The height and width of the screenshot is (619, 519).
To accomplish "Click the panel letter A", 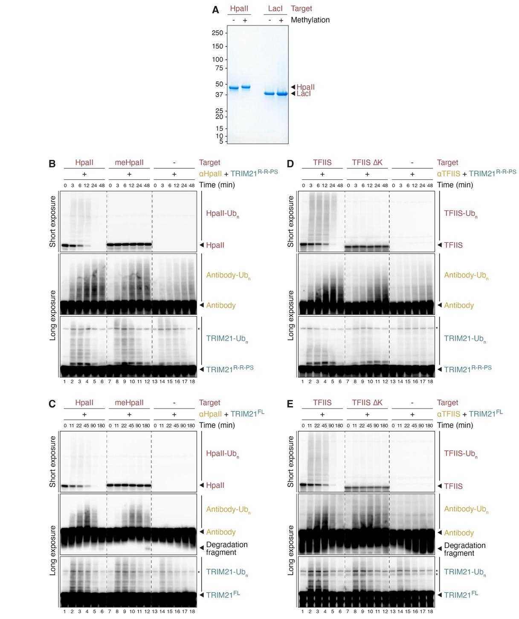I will click(x=215, y=10).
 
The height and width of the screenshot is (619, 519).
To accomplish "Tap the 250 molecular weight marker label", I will click(x=217, y=33).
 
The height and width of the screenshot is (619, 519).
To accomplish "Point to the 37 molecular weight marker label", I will click(x=219, y=95).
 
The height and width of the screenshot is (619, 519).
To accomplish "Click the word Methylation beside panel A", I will click(x=310, y=20).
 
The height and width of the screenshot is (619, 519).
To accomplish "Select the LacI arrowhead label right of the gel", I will click(x=303, y=94).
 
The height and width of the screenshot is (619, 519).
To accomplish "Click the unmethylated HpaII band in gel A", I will click(x=234, y=88).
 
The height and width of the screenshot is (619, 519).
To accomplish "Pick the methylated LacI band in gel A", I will click(x=281, y=94).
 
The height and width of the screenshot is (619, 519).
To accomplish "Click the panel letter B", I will click(x=52, y=164).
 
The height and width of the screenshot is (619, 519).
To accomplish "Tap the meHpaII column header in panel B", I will click(x=129, y=163).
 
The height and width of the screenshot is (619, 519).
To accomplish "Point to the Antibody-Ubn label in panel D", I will click(x=466, y=275).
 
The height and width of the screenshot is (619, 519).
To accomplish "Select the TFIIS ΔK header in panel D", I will click(x=367, y=163).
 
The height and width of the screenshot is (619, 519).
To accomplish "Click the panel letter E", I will click(x=290, y=404).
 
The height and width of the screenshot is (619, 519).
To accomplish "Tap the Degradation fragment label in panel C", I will click(x=226, y=548).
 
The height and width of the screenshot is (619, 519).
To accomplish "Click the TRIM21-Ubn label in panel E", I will click(x=464, y=572).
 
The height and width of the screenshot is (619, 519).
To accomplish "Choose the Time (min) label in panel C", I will click(x=217, y=425).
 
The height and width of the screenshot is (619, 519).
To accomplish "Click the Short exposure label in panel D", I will click(x=291, y=221).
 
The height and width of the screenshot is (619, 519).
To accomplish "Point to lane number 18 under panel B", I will click(x=192, y=382).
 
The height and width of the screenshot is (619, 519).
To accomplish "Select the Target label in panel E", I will click(x=447, y=403).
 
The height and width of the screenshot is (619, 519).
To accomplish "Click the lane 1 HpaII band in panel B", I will click(x=65, y=245).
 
